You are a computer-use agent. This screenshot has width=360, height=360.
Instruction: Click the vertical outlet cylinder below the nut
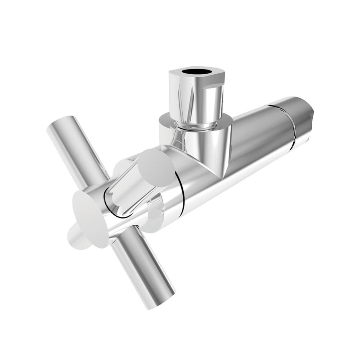point(209,148)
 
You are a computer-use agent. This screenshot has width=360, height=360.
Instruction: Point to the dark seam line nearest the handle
point(182,191)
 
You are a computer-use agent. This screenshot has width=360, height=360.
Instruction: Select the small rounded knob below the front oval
point(77,238)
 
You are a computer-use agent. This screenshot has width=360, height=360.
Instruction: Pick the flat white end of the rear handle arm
point(157,167)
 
